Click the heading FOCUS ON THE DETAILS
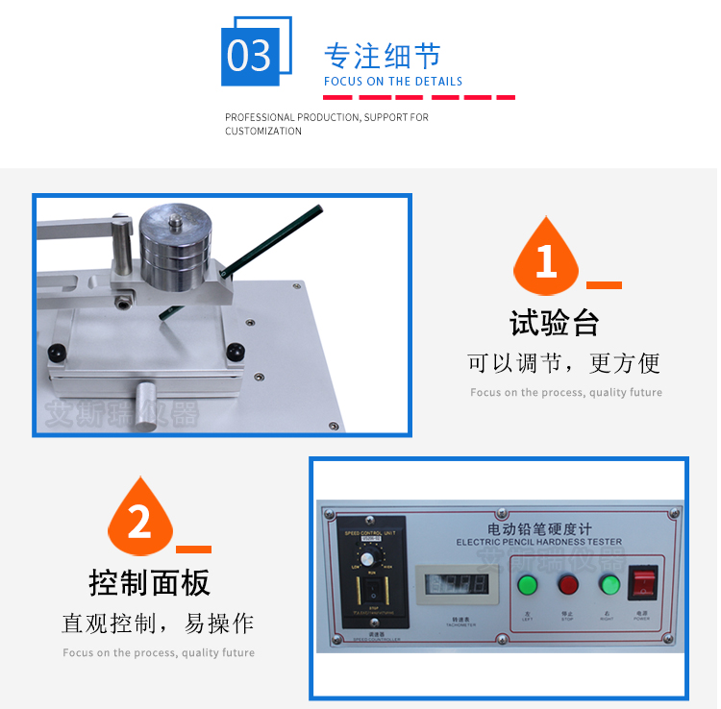click(x=393, y=82)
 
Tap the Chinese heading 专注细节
click(x=382, y=55)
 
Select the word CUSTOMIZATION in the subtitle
click(x=263, y=132)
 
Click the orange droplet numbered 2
click(x=140, y=522)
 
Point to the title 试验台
click(x=555, y=324)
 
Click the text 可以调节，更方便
click(x=564, y=363)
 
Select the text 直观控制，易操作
click(x=159, y=623)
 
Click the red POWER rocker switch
click(x=641, y=583)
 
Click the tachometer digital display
click(x=449, y=584)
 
